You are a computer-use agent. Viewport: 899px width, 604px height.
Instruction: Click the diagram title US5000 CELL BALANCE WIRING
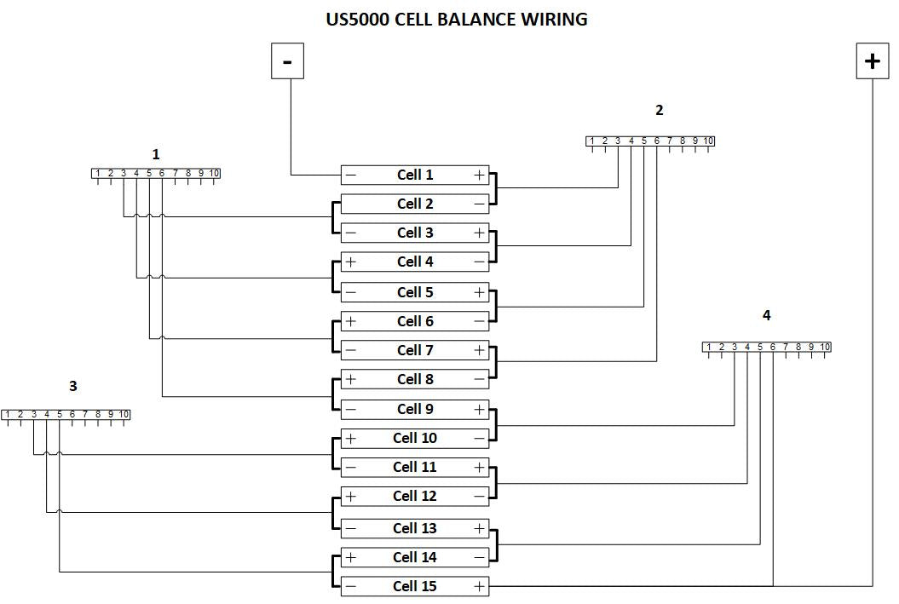(457, 19)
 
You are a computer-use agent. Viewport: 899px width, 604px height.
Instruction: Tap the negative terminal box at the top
(287, 61)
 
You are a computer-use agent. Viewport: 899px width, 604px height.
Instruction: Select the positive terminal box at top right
(872, 61)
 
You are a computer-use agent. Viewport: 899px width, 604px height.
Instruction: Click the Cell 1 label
(415, 175)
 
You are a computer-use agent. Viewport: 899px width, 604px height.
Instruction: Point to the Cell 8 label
(415, 379)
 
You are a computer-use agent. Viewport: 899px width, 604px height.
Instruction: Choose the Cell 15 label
(415, 586)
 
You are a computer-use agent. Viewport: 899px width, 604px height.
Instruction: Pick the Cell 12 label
(415, 496)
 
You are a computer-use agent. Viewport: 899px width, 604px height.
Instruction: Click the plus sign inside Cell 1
(479, 175)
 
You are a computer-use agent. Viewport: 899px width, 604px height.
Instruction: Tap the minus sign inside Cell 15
(350, 587)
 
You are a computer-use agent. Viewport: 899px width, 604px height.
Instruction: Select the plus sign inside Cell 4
(350, 262)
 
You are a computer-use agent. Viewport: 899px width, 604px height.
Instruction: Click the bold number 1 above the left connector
(156, 154)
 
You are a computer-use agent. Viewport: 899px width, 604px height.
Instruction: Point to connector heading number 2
(659, 110)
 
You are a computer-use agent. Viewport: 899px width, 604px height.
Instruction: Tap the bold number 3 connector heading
(73, 386)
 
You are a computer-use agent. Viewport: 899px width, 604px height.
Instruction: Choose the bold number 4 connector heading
(766, 315)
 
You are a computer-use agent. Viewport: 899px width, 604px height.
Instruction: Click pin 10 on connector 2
(708, 141)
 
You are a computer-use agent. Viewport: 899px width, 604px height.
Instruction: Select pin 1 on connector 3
(8, 415)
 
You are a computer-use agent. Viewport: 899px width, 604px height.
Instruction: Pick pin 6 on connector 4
(773, 347)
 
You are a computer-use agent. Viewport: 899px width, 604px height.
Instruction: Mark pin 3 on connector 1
(124, 174)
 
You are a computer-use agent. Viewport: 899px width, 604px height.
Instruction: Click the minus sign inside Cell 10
(479, 439)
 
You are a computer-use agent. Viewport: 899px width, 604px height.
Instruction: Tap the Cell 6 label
(415, 321)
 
